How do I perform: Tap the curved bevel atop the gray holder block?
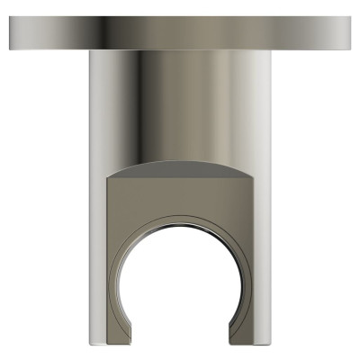point(180,168)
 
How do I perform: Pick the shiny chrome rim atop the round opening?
point(180,219)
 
